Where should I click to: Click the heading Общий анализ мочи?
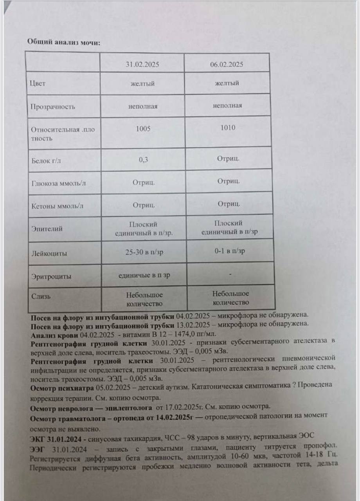point(63,42)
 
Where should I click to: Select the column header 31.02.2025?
point(142,64)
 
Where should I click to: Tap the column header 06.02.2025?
point(227,64)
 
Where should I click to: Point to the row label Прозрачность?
point(53,106)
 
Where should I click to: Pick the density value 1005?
point(143,129)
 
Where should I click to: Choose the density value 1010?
point(228,128)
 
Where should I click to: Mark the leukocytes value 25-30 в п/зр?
point(144,252)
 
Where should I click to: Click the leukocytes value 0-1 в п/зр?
point(230,251)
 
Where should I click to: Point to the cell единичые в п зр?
point(144,275)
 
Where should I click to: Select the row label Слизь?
point(41,296)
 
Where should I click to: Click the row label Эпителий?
point(47,229)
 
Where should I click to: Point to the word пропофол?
point(315,447)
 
